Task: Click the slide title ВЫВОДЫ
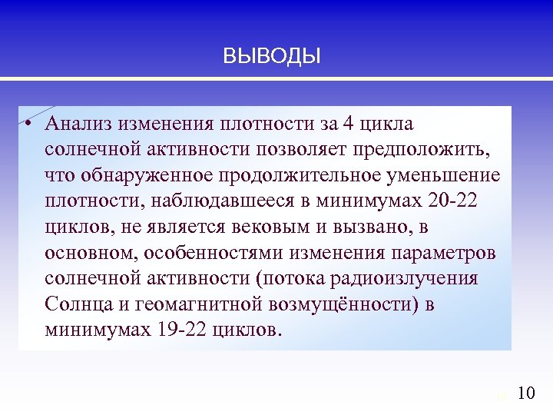pyautogui.click(x=271, y=56)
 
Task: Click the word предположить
pyautogui.click(x=429, y=149)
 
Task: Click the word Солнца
pyautogui.click(x=76, y=304)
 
